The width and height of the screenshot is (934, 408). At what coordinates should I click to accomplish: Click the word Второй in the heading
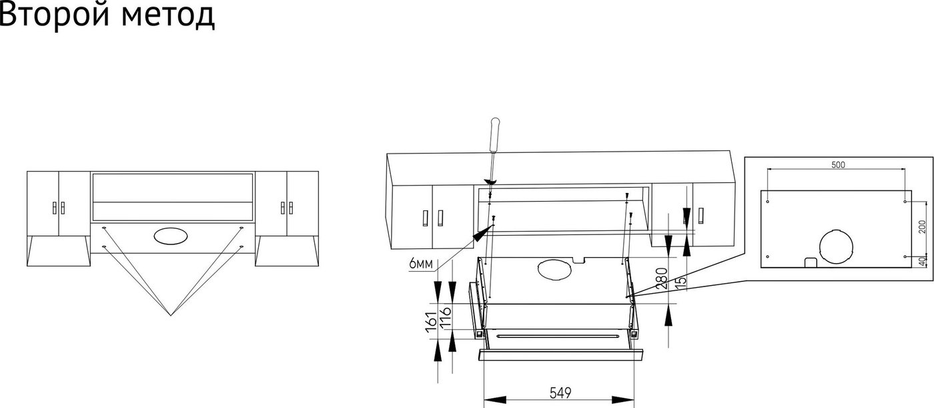point(55,15)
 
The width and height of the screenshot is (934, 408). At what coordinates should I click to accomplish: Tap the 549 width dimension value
point(560,393)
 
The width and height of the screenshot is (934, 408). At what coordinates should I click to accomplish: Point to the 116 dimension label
point(446,318)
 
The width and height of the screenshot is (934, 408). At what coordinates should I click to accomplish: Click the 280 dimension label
point(662,278)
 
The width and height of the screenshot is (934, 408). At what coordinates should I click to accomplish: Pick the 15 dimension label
point(680,280)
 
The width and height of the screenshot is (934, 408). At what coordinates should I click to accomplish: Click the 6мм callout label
point(421,264)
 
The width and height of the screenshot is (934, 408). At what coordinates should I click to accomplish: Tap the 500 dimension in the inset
point(838,165)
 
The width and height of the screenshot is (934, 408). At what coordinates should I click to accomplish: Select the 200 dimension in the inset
point(922,227)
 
